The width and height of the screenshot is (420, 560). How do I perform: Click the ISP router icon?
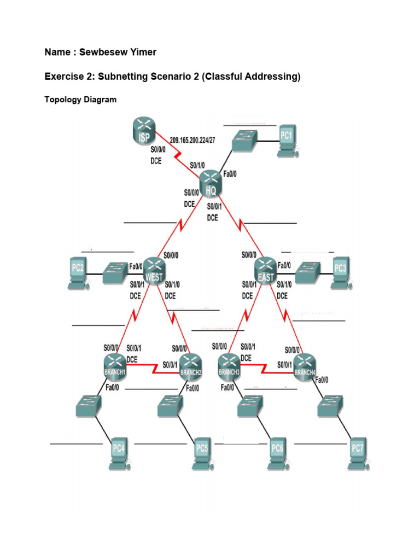tap(144, 133)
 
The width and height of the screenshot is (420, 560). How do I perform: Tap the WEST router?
tap(154, 270)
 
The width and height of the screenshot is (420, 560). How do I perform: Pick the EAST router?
tap(266, 270)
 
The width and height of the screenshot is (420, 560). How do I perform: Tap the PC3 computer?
tap(341, 270)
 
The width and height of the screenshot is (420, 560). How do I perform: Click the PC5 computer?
tap(202, 452)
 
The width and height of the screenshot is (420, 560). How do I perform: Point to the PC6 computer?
tap(277, 452)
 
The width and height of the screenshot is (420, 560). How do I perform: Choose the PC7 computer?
tap(357, 452)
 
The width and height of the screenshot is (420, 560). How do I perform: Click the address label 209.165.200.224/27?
tap(192, 140)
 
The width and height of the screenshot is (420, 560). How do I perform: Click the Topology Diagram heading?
tap(80, 100)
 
